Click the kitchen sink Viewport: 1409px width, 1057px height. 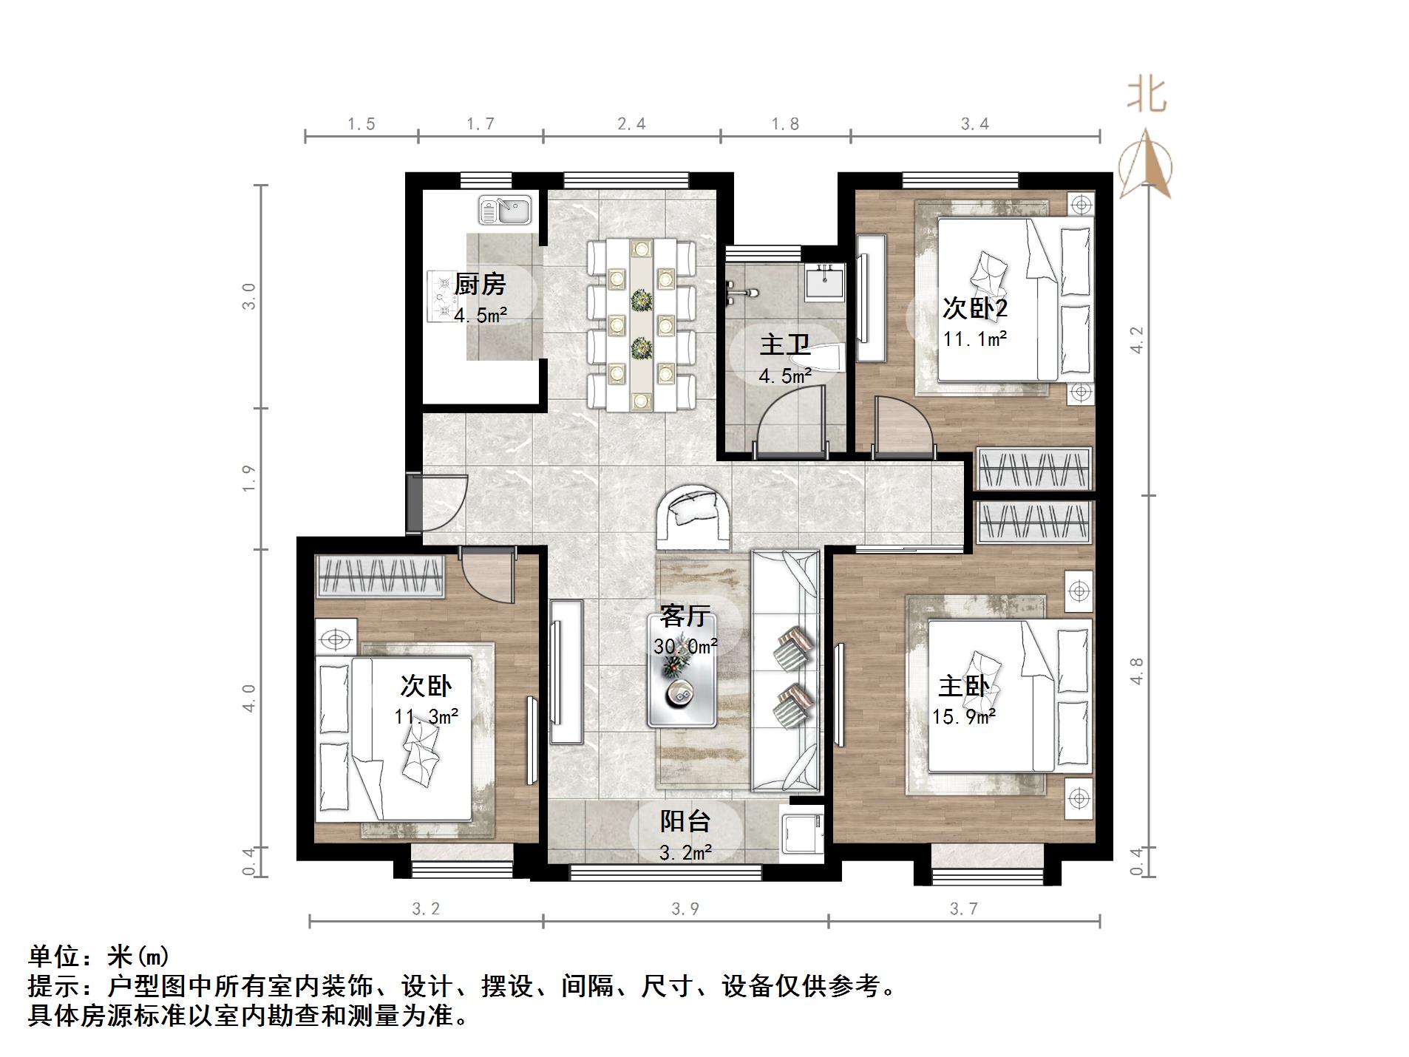click(x=505, y=209)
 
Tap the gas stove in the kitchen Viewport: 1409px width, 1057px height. click(x=442, y=296)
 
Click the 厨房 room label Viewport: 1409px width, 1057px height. click(x=480, y=284)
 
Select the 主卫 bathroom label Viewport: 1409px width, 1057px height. click(x=784, y=344)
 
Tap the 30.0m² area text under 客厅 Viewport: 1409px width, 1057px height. click(x=685, y=647)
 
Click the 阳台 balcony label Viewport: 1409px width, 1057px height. click(x=685, y=821)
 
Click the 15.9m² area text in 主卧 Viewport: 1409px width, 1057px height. click(x=963, y=716)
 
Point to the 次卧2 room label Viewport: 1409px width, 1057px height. click(x=974, y=308)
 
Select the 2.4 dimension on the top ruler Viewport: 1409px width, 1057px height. click(x=631, y=124)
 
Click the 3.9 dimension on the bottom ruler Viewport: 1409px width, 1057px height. click(x=685, y=908)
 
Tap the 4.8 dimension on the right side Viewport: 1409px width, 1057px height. click(x=1138, y=671)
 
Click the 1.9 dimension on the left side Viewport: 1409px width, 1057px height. click(x=249, y=478)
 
